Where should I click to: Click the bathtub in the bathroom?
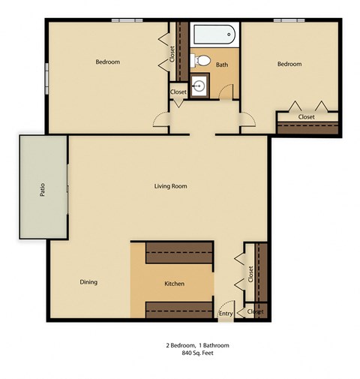click(x=214, y=35)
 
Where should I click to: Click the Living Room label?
click(x=170, y=186)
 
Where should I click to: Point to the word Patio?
click(x=43, y=188)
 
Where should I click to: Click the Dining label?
click(x=88, y=282)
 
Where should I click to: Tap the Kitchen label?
click(x=174, y=284)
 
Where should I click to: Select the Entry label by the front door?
click(x=225, y=314)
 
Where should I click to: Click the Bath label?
click(x=222, y=65)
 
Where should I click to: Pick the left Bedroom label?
click(x=107, y=62)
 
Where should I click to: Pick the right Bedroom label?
click(x=289, y=65)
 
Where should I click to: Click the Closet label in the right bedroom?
click(x=306, y=117)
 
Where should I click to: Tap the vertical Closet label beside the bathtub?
click(x=172, y=53)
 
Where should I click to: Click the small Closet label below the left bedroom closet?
click(x=178, y=92)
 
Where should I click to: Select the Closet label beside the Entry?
click(x=255, y=311)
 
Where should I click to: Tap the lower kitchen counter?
click(x=179, y=309)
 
